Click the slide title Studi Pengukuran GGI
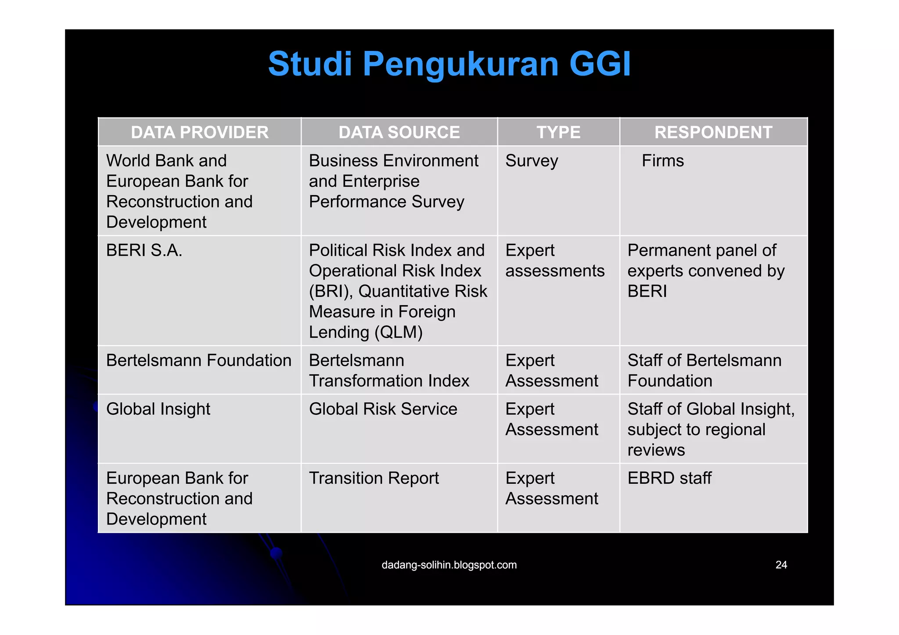(449, 64)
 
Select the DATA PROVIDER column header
(199, 132)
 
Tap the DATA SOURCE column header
(399, 132)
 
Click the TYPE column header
(558, 132)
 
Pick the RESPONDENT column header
(713, 132)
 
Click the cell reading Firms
(662, 161)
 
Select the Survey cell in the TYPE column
(532, 161)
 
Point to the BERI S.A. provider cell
(144, 250)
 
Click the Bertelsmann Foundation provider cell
(198, 360)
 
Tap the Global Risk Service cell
(383, 409)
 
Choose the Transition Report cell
(374, 478)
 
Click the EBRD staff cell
(669, 478)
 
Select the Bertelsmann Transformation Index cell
(388, 371)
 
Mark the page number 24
(781, 565)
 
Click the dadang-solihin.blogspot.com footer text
(449, 565)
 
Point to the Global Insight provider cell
(158, 409)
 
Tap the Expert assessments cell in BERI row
(554, 261)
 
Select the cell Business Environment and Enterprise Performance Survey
(393, 181)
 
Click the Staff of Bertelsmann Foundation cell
(704, 371)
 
